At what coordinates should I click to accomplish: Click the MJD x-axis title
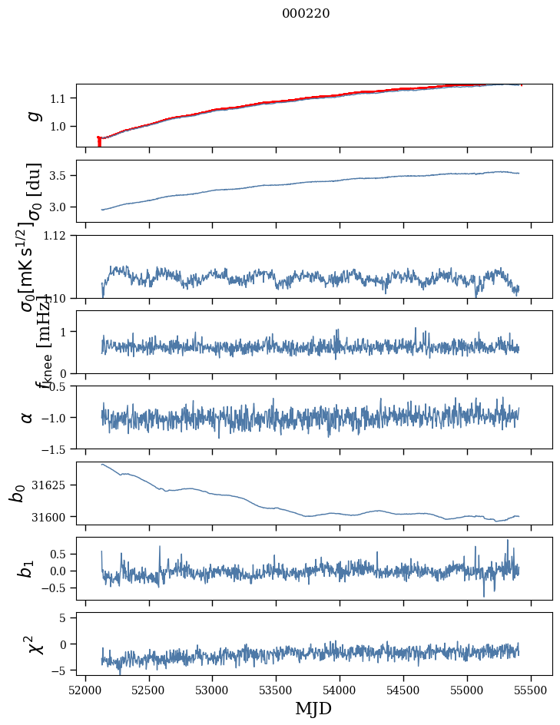(313, 708)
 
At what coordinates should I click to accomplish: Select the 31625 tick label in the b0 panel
(56, 485)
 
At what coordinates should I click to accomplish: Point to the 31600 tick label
(56, 517)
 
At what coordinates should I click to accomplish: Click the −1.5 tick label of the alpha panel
(57, 449)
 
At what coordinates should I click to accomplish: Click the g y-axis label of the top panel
(31, 115)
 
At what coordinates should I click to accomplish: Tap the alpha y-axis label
(27, 417)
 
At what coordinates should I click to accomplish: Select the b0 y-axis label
(17, 493)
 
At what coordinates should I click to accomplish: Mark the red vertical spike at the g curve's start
(99, 142)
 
